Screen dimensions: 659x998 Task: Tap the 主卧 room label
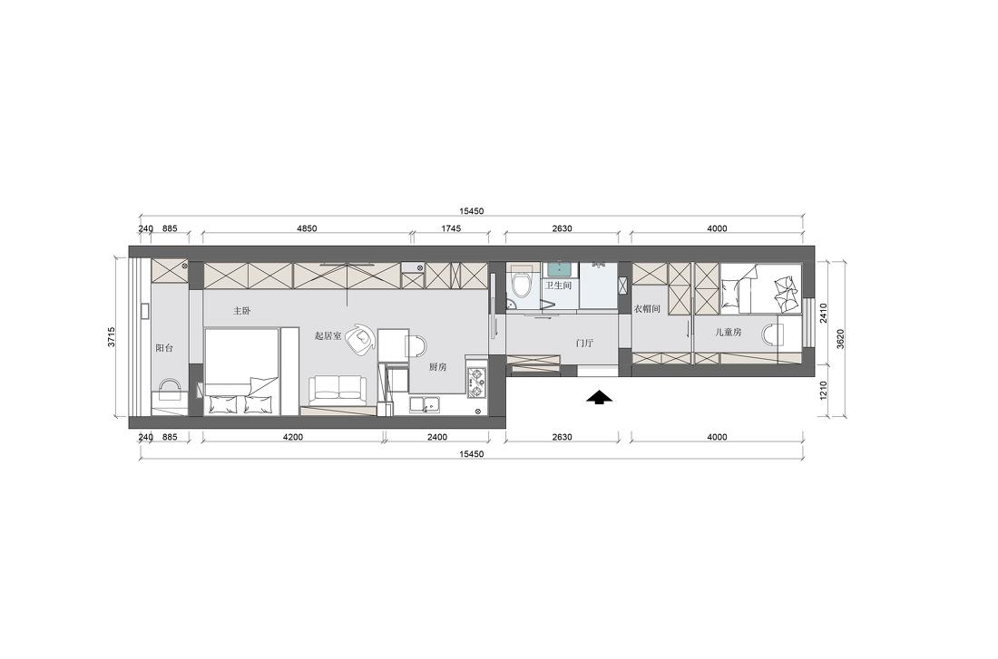[241, 311]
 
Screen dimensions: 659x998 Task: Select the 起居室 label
[328, 335]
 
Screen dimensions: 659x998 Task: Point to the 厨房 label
[437, 367]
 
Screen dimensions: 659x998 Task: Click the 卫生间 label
[558, 286]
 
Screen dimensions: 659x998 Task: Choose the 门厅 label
[584, 343]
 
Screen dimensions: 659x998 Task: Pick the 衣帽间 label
[646, 309]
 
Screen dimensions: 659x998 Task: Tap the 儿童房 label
[729, 333]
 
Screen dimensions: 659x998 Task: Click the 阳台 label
[164, 347]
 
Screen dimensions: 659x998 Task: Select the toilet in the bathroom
[521, 286]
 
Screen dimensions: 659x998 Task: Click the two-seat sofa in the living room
[338, 389]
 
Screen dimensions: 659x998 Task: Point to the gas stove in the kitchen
[476, 383]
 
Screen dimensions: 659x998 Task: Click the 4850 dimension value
[307, 229]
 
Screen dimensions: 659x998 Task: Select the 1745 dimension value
[450, 229]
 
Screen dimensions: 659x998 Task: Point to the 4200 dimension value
[292, 437]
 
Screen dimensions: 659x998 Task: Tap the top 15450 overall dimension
[472, 211]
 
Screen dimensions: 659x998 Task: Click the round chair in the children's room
[772, 335]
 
